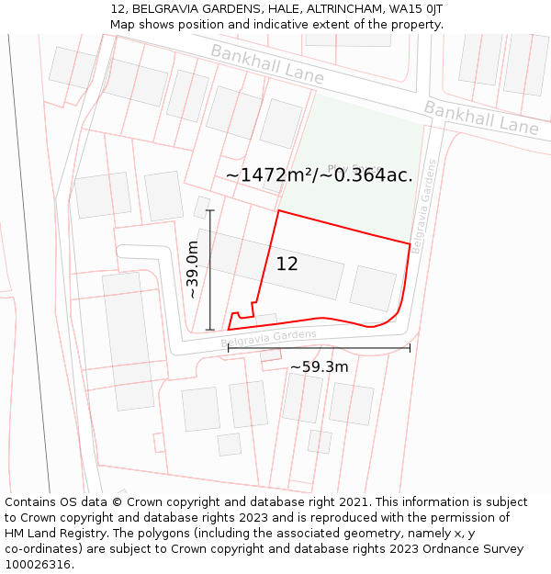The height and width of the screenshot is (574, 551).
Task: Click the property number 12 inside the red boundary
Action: click(287, 264)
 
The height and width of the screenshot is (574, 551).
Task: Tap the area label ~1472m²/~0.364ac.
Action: click(319, 174)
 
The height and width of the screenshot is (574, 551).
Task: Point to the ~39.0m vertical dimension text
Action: click(192, 269)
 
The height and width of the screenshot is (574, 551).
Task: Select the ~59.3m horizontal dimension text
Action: click(319, 367)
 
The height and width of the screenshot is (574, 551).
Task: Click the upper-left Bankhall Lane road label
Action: click(266, 64)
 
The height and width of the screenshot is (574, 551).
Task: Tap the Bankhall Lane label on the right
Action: click(480, 118)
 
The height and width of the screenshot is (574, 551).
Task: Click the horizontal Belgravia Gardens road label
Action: click(269, 339)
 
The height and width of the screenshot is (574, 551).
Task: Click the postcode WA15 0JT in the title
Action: click(415, 8)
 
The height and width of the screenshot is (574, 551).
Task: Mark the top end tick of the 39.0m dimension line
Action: click(210, 210)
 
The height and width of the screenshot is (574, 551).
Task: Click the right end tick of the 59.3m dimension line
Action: click(410, 347)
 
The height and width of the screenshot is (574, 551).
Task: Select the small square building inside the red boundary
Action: click(373, 288)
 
